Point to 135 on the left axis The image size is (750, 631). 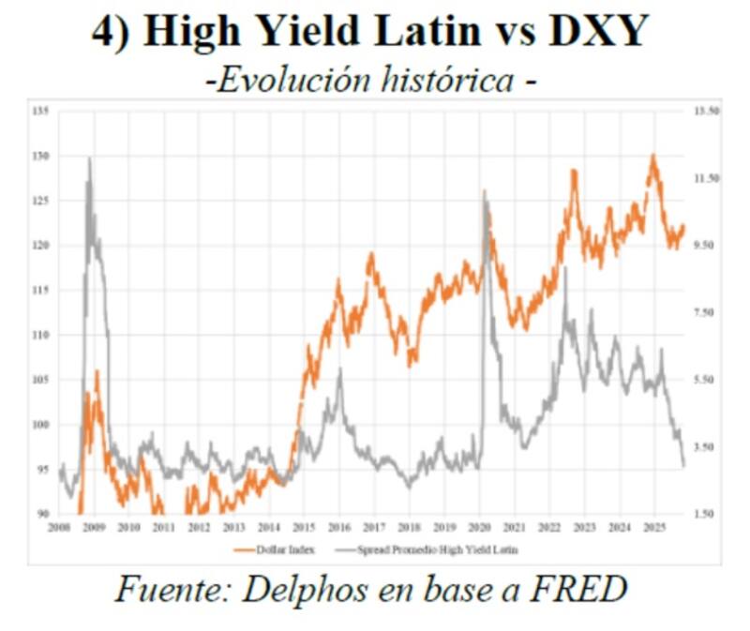click(40, 111)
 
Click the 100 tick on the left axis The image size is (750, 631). click(40, 425)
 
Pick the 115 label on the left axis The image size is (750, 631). click(40, 291)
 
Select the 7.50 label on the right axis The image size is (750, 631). click(703, 312)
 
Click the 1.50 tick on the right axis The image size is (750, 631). click(703, 514)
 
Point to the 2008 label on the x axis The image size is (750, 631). click(59, 528)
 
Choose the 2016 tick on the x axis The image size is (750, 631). click(339, 528)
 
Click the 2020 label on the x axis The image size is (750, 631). click(479, 528)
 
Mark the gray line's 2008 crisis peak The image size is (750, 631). click(90, 159)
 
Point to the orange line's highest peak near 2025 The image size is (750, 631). click(652, 156)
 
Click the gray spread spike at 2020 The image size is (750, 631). click(485, 191)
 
